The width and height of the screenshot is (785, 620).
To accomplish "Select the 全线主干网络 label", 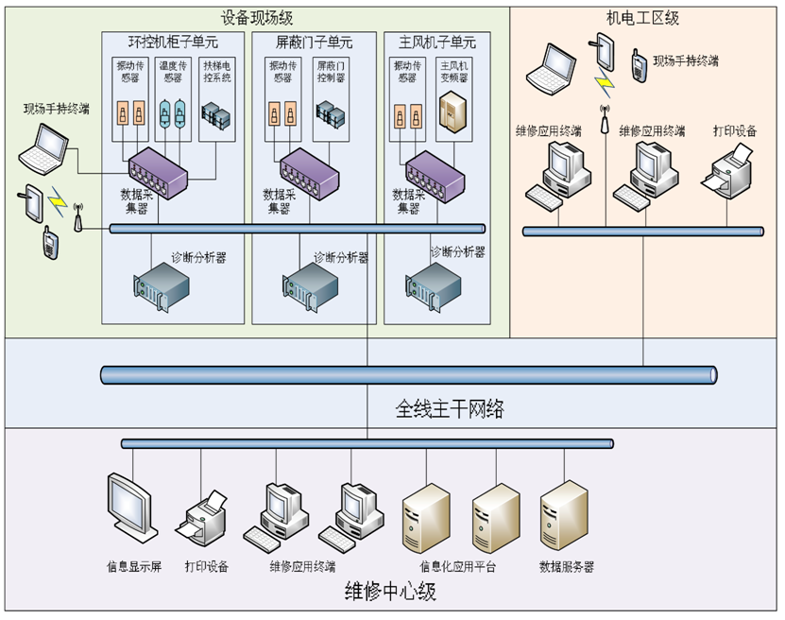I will click(x=449, y=409).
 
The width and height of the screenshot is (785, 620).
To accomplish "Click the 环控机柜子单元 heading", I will click(x=174, y=43).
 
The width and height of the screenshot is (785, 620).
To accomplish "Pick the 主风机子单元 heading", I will click(x=435, y=43).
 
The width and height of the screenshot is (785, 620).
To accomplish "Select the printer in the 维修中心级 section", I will click(x=206, y=518).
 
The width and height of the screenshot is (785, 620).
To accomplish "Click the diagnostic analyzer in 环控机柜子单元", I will click(x=160, y=280).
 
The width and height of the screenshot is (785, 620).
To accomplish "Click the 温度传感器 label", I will click(x=174, y=73).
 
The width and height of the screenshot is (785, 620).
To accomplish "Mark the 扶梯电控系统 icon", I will click(x=216, y=116).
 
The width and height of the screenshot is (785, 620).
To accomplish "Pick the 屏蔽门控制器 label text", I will click(x=331, y=73).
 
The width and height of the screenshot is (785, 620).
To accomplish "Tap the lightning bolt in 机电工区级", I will click(x=603, y=81).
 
